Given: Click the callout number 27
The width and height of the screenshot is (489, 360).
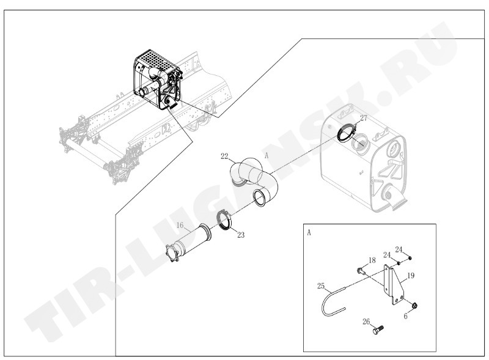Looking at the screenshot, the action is [364, 118].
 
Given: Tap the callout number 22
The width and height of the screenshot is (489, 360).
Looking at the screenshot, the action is [224, 156].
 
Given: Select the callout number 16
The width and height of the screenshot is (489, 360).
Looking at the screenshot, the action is [180, 226].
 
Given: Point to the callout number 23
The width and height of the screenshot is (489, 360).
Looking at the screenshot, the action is [241, 235].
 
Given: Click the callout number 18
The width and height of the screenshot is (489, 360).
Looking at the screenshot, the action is [372, 260].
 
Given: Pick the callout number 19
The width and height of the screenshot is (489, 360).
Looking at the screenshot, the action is [411, 276].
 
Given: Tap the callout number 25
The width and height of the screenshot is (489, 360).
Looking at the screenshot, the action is [321, 286].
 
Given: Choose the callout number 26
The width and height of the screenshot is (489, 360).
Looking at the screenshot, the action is [366, 321].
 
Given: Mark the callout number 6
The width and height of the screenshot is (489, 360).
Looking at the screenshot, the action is [405, 317].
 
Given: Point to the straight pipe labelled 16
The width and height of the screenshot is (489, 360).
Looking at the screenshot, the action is [188, 243].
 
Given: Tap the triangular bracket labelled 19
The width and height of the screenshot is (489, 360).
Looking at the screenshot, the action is [394, 285].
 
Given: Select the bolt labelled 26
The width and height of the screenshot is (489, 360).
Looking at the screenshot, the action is [378, 329].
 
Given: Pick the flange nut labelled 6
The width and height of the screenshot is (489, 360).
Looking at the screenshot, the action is [414, 306].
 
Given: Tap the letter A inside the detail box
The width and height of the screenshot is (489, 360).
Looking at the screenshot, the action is [309, 233].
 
